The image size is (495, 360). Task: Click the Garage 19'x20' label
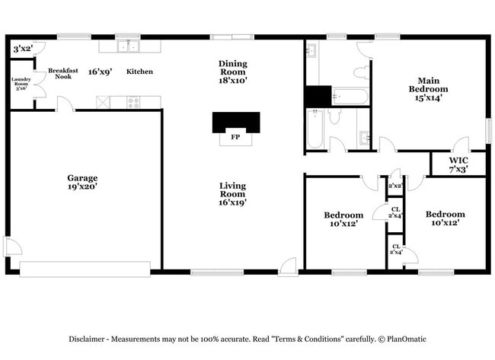[x=82, y=182]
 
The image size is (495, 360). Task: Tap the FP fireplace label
[x=235, y=138]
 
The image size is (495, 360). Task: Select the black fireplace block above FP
[x=235, y=122]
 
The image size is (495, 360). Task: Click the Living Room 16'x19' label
[x=232, y=193]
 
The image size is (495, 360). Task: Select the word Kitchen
[x=139, y=72]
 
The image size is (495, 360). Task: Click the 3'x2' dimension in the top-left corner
[x=23, y=49]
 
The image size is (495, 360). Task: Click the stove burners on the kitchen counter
[x=134, y=101]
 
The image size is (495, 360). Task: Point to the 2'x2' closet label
[x=395, y=186]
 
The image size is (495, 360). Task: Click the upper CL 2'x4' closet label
[x=396, y=212]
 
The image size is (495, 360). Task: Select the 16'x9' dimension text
[x=101, y=72]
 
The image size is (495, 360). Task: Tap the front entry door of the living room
[x=287, y=266]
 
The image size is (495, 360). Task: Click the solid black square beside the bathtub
[x=318, y=97]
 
